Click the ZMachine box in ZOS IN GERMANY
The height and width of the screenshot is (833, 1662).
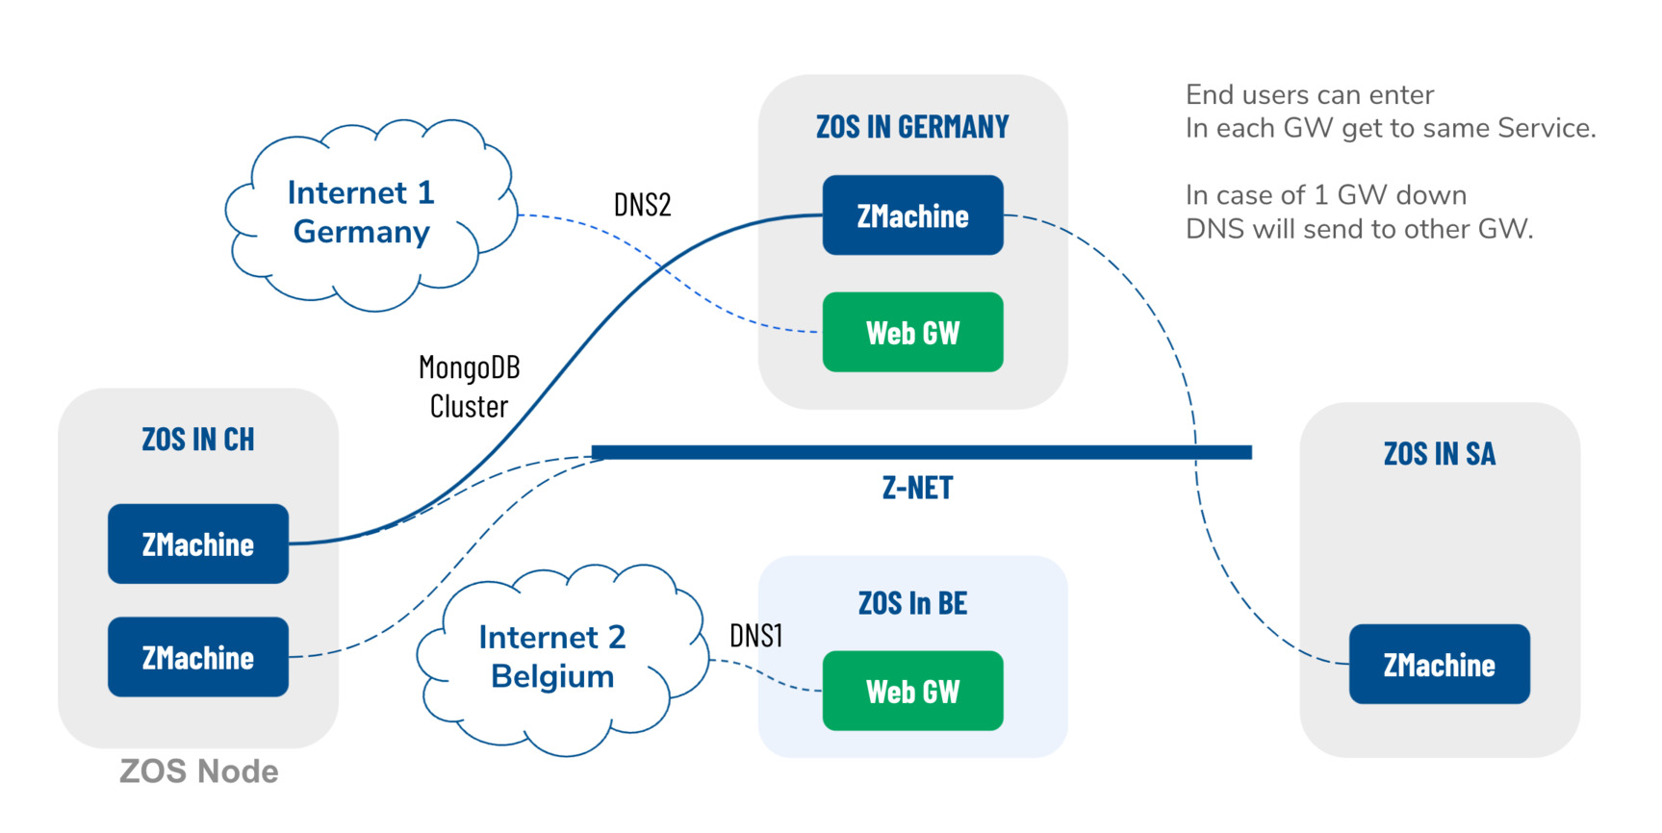[x=912, y=215]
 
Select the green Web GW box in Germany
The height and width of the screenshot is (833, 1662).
[x=912, y=333]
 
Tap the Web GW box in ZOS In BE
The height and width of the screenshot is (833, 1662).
[x=912, y=692]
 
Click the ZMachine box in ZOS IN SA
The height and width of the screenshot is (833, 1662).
[x=1439, y=665]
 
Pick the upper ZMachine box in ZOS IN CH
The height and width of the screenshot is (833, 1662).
[x=198, y=544]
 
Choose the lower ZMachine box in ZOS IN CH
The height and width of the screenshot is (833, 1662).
[x=198, y=658]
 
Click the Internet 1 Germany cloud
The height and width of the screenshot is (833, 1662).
[x=362, y=213]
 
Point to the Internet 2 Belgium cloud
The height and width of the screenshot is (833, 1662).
[x=552, y=657]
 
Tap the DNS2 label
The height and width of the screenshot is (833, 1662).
[x=642, y=205]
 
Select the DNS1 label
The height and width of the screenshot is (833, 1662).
[x=755, y=636]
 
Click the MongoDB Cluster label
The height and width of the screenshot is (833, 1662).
[x=470, y=387]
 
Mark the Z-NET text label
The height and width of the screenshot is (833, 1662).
[x=917, y=489]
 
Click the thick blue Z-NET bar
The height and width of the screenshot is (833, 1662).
[x=921, y=452]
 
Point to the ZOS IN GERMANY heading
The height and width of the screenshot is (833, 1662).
[x=912, y=127]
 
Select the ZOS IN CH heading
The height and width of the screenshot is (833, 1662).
[x=198, y=440]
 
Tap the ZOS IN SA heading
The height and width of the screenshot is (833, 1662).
[x=1439, y=454]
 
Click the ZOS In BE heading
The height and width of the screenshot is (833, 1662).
[x=912, y=604]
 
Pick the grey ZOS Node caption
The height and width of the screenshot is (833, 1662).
[x=199, y=771]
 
